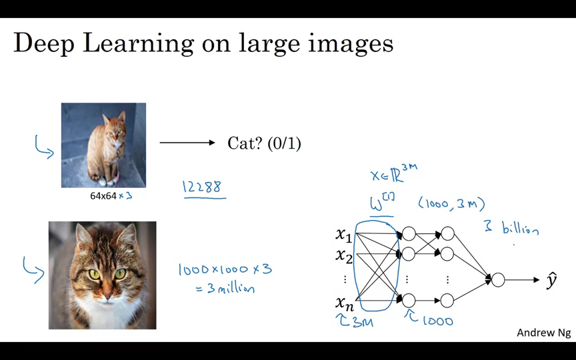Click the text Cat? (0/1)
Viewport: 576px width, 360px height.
264,143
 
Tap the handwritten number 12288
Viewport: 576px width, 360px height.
202,187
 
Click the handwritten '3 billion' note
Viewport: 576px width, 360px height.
511,229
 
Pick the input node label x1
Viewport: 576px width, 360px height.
343,234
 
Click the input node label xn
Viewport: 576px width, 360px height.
343,303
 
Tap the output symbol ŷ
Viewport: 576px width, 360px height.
551,280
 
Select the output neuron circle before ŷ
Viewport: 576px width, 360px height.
497,280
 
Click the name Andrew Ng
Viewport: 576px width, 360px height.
543,333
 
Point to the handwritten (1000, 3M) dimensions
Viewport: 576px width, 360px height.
451,203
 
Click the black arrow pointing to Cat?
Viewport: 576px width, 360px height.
187,142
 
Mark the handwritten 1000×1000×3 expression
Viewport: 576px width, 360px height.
225,269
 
